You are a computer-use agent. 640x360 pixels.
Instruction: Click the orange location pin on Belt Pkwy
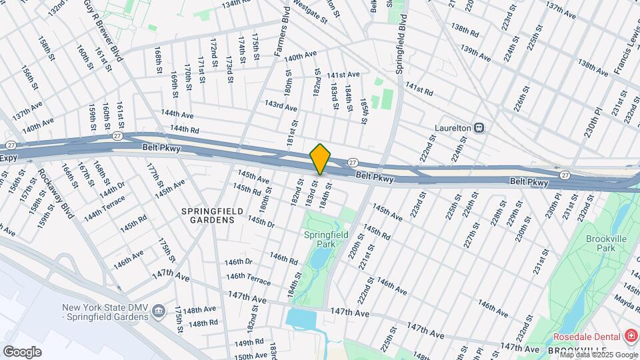click(320, 159)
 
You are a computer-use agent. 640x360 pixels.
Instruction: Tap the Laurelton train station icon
click(479, 127)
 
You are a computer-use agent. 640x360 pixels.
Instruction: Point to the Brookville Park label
click(605, 243)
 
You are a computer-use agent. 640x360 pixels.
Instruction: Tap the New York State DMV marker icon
click(159, 311)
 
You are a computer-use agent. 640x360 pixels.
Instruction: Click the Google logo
click(22, 351)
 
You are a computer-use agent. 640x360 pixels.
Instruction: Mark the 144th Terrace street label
click(104, 207)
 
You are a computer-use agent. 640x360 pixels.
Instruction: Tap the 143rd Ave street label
click(281, 105)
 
